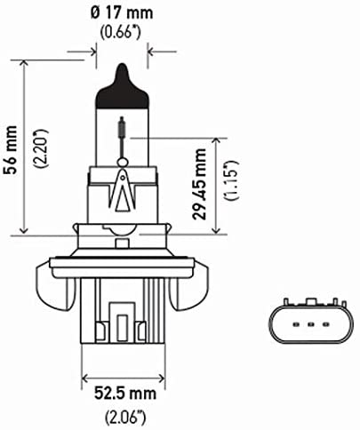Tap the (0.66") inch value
(x=121, y=33)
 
